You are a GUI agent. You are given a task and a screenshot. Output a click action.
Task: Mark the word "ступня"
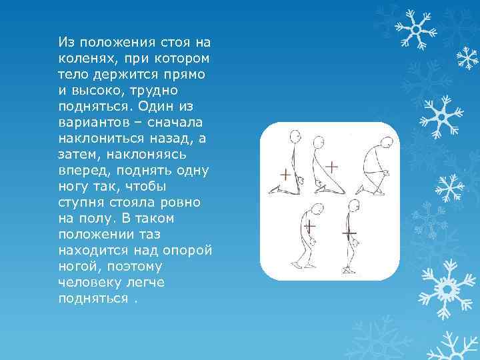81,202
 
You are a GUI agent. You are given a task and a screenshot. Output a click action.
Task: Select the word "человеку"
89,283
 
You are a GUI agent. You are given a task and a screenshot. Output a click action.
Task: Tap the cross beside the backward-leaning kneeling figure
330,165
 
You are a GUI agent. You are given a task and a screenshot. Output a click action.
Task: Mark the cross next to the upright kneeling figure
285,175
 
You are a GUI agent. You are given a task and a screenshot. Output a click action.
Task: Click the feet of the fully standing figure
348,271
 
